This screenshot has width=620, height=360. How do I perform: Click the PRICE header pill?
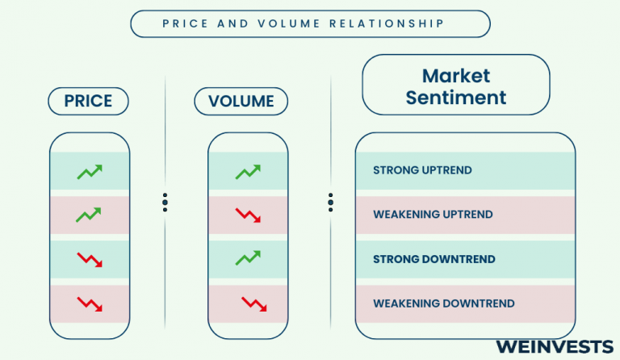(x=88, y=101)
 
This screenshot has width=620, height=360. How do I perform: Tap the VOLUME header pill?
(x=241, y=101)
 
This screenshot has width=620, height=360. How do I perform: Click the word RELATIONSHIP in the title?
(x=387, y=23)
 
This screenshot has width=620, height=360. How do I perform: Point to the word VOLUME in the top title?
(x=289, y=23)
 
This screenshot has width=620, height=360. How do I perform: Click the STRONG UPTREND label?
(x=422, y=170)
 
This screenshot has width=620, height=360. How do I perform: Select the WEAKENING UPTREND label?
(x=433, y=215)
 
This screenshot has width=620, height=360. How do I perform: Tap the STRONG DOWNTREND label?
(x=434, y=259)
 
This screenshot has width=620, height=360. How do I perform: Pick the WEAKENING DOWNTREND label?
(x=444, y=303)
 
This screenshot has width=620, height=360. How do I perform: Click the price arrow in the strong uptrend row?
(x=90, y=172)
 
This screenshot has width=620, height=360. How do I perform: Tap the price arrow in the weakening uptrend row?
(x=89, y=215)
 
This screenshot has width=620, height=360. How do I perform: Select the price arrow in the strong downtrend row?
(x=90, y=260)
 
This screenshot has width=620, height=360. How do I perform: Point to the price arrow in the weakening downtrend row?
(x=90, y=303)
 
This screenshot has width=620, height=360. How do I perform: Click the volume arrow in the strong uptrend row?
(x=248, y=172)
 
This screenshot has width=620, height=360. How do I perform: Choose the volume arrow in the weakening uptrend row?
(x=248, y=216)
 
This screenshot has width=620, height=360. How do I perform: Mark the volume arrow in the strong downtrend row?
(x=248, y=257)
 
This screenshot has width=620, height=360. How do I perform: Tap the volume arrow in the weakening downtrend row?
(x=253, y=303)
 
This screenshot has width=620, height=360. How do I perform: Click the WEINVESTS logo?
(x=555, y=346)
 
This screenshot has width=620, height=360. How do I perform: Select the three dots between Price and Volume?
(x=165, y=203)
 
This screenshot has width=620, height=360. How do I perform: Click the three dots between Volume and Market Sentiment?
(x=330, y=203)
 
